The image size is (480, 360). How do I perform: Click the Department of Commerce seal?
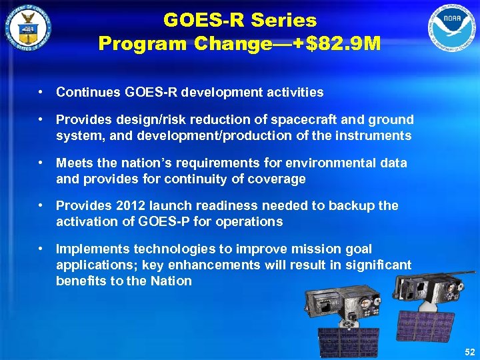(28, 29)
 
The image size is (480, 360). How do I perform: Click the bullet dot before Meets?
(41, 163)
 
